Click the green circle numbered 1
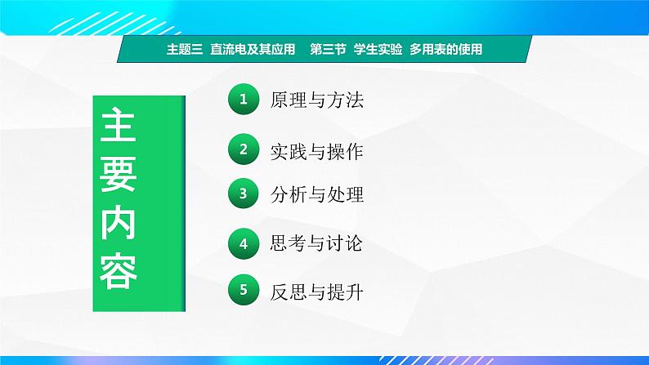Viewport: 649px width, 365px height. point(243,100)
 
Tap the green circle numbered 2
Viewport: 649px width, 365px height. point(243,149)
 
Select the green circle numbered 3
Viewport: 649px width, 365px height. point(243,194)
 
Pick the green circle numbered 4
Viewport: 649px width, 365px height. point(243,243)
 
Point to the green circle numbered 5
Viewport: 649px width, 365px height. point(243,289)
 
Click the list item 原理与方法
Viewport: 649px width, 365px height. point(316,100)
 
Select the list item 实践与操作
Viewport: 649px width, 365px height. point(316,150)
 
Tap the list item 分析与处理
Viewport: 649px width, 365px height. point(316,194)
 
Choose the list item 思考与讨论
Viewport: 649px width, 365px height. point(316,243)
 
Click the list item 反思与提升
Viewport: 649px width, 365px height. point(316,290)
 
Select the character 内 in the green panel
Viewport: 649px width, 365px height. point(119,222)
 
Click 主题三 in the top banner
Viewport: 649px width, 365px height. point(183,49)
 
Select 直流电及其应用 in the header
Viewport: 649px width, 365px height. point(251,49)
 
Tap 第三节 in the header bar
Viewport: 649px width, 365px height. point(327,49)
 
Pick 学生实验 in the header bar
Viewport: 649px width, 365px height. point(378,49)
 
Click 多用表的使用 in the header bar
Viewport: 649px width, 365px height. point(445,49)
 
